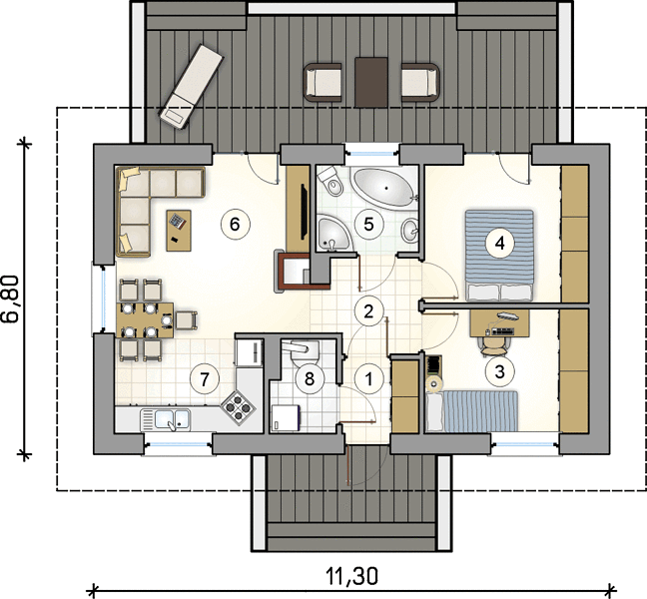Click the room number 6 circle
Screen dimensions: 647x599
click(x=235, y=224)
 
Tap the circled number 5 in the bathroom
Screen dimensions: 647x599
click(x=368, y=224)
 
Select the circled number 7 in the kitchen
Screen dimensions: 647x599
click(x=205, y=379)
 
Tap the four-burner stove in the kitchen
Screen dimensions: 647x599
click(x=237, y=407)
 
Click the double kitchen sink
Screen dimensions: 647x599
click(x=166, y=419)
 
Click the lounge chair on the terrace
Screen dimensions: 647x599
click(x=191, y=87)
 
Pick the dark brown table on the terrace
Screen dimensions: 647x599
click(x=371, y=83)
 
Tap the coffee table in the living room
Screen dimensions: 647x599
click(x=179, y=231)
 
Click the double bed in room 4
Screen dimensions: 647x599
click(x=499, y=255)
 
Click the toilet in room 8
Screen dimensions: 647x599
click(x=306, y=352)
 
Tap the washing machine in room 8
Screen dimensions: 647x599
click(x=286, y=418)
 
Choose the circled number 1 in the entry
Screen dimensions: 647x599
click(x=368, y=378)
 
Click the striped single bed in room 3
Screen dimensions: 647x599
click(x=472, y=411)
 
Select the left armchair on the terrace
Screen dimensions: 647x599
click(x=323, y=82)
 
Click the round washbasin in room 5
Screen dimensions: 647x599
click(x=410, y=231)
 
